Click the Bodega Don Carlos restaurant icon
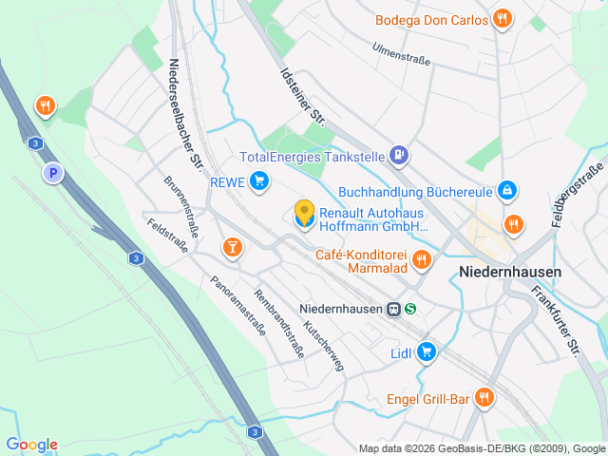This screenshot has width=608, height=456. (x=503, y=19)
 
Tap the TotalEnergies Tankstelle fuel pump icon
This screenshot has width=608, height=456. (x=401, y=154)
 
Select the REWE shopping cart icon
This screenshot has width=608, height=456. (x=259, y=181)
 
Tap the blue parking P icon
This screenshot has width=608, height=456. (x=53, y=173)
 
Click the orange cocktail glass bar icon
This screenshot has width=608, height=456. (x=232, y=248)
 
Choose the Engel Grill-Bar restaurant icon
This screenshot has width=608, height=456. (x=484, y=398)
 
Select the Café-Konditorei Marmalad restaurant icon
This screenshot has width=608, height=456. (x=423, y=258)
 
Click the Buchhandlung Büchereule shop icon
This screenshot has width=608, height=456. (x=508, y=190)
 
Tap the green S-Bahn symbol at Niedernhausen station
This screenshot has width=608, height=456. (x=411, y=309)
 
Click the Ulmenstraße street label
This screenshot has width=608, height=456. (x=401, y=54)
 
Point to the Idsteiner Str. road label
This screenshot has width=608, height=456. (x=303, y=96)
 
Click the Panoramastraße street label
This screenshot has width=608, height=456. (x=237, y=298)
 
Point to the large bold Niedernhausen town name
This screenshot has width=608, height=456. (x=509, y=272)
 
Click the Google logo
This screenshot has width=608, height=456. (x=31, y=445)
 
